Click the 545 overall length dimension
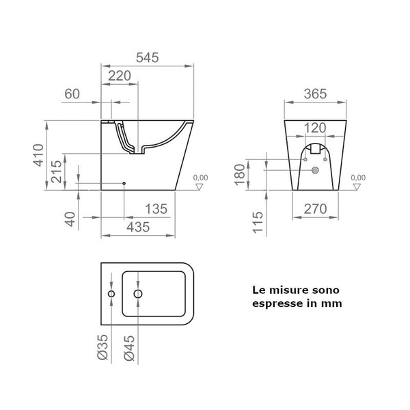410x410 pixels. coord(145,58)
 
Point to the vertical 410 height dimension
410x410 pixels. coord(43,156)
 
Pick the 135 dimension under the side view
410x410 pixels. coord(156,209)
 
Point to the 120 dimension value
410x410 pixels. coord(315,127)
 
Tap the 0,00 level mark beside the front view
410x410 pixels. coord(357,178)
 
